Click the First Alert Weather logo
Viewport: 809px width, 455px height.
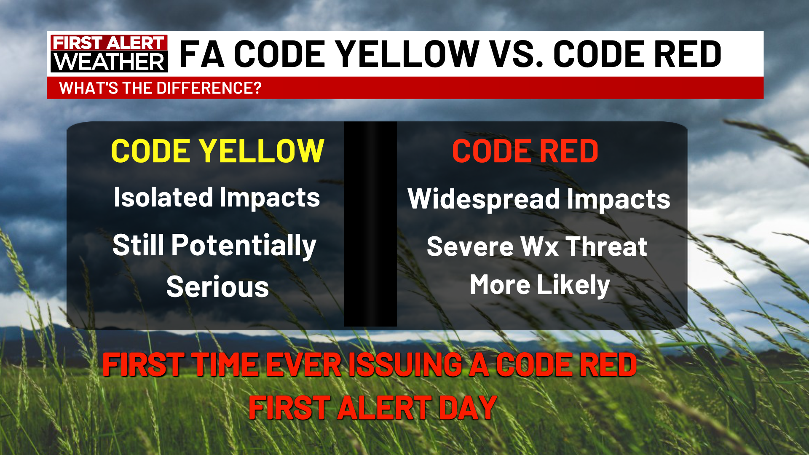[x=109, y=54]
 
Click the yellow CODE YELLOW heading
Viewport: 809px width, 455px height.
[x=217, y=151]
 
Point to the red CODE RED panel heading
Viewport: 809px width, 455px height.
[x=525, y=151]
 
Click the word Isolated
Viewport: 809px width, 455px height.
[x=163, y=197]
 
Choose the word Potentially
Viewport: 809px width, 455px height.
[x=244, y=246]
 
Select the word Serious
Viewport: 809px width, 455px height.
[x=218, y=287]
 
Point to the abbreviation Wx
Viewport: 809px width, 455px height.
[x=540, y=246]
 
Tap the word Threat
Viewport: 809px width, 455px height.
[x=606, y=246]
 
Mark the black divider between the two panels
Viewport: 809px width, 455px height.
[x=370, y=224]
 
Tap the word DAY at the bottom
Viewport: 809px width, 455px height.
[x=468, y=408]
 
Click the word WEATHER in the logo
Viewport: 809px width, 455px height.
[x=109, y=62]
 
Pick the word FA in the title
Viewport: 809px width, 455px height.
[x=201, y=54]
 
